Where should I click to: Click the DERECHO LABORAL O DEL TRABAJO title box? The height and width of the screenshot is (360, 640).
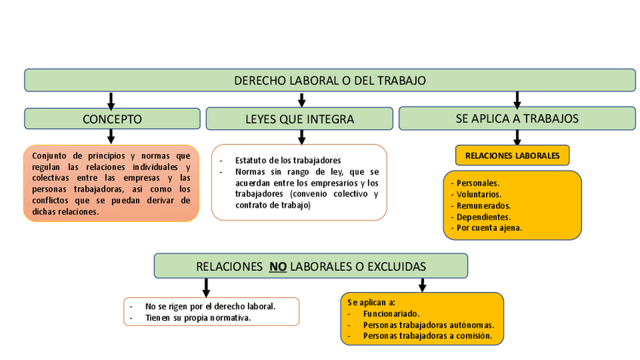(x=330, y=80)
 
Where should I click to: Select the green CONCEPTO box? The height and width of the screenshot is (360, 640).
(x=112, y=118)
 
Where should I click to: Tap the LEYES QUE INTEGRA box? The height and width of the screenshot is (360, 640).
(x=300, y=118)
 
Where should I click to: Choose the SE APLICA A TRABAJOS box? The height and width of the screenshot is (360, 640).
(x=517, y=118)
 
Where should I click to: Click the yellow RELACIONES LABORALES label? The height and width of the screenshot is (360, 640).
(x=512, y=155)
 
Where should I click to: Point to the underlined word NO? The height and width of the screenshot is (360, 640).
(x=278, y=266)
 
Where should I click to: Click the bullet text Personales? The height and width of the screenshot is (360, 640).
(x=477, y=183)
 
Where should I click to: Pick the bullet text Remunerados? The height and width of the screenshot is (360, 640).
(x=483, y=205)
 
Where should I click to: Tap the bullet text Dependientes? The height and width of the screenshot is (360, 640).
(x=482, y=217)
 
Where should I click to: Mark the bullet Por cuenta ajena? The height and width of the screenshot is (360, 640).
(x=488, y=228)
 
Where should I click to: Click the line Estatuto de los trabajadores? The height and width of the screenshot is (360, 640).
(x=288, y=160)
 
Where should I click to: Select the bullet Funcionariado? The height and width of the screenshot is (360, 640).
(x=391, y=313)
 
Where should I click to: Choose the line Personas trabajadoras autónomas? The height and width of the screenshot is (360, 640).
(x=428, y=325)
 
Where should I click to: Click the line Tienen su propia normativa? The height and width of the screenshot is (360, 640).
(x=198, y=318)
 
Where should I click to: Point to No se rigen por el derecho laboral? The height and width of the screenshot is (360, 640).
(x=210, y=306)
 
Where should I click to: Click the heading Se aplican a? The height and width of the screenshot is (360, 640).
(x=367, y=302)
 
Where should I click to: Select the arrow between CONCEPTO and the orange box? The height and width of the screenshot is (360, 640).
(x=111, y=137)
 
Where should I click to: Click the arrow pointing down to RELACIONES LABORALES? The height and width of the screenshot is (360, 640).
(x=517, y=137)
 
